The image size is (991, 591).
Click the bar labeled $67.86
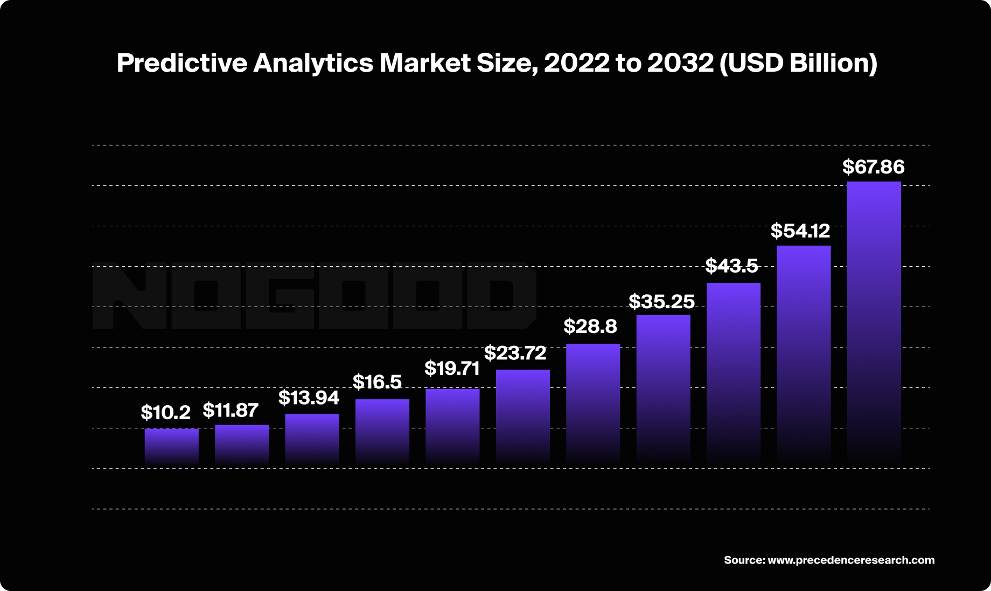coord(874,323)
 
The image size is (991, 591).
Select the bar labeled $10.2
coord(171,447)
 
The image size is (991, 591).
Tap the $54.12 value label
coord(800,231)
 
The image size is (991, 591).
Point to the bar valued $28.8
coord(593,404)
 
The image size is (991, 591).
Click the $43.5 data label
coord(731,266)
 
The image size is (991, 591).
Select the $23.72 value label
coord(515,353)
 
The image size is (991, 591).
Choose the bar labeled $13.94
coord(312,439)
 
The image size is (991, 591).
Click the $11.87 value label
coord(231,411)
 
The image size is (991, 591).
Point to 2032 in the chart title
coord(680,63)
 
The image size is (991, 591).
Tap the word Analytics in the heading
coord(313,63)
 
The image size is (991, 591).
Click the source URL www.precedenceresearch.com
coord(851,560)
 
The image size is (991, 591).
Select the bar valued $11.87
coord(242,445)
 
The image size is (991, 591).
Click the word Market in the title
coord(425,63)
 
